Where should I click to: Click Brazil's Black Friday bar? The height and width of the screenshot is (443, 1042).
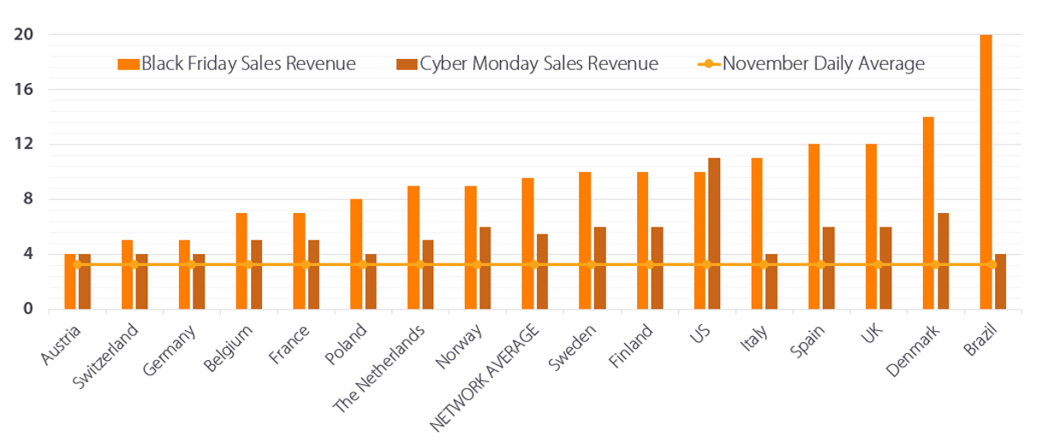click(985, 171)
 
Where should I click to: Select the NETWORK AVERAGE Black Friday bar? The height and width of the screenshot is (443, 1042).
click(527, 243)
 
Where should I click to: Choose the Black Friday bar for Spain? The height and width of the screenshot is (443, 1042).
click(813, 226)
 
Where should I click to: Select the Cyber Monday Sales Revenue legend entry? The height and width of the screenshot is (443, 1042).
click(527, 63)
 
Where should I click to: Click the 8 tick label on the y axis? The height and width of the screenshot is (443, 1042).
click(27, 199)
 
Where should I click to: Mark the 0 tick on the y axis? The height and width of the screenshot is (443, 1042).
click(27, 309)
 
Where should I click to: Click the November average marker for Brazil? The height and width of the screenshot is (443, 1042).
click(992, 264)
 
